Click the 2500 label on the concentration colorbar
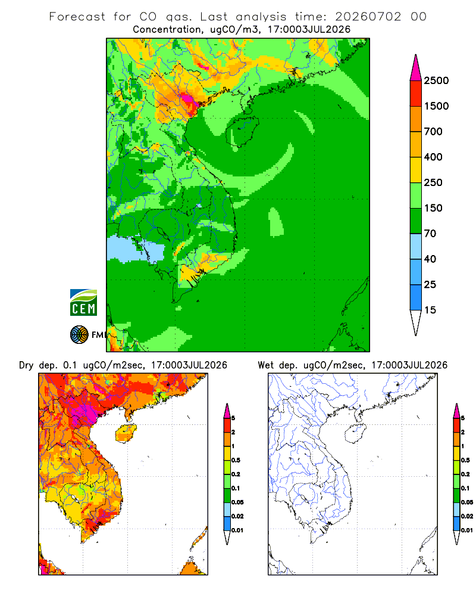pos(436,80)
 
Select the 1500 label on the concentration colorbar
pos(436,106)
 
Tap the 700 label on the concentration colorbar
pos(433,132)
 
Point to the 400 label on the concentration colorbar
pos(433,157)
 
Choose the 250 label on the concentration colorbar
pos(433,182)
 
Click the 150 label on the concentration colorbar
pos(433,208)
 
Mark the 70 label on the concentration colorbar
pos(430,234)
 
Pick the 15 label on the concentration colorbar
pos(430,310)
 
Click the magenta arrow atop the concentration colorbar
pos(416,68)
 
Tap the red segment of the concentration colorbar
pos(416,94)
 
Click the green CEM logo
pos(83,303)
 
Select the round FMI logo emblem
pos(79,335)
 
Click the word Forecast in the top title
pos(77,17)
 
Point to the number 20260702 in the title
pos(368,17)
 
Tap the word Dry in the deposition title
pos(26,365)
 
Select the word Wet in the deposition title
pos(265,365)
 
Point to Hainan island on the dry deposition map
pos(126,433)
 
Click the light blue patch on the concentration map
pos(134,249)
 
